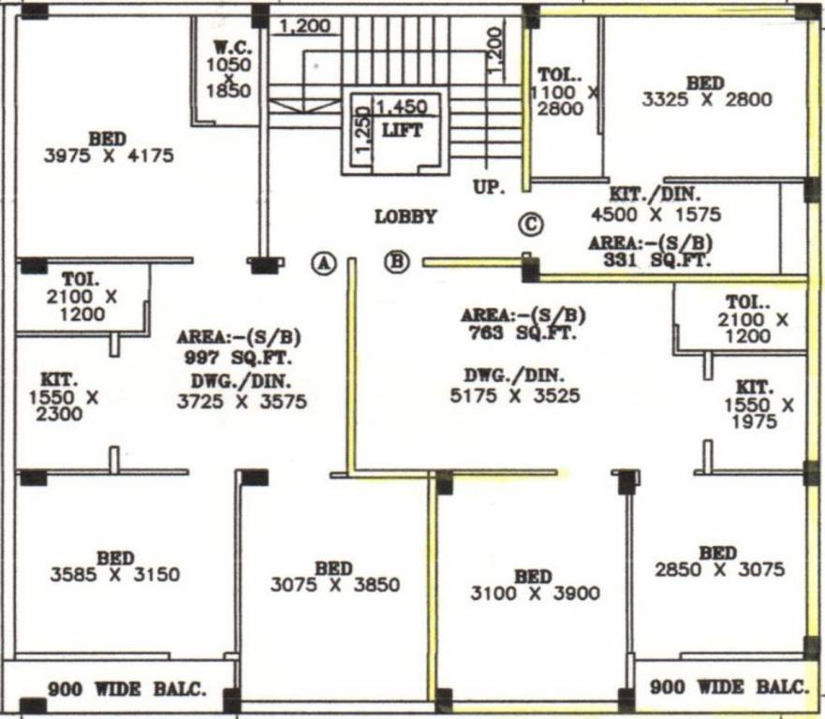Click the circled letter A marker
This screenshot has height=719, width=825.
point(324,263)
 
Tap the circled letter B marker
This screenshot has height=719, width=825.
point(397,262)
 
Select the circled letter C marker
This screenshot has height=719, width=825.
point(531,225)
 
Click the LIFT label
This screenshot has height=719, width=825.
point(402,131)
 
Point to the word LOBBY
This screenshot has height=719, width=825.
point(405,217)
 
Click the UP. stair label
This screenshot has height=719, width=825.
point(489,187)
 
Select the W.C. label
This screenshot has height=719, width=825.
point(228,47)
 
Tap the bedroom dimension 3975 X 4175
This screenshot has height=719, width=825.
point(109,156)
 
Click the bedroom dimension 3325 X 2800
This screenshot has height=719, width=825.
point(706,99)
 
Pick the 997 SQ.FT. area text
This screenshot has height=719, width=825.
point(238,358)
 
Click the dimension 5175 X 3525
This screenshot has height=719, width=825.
point(514,396)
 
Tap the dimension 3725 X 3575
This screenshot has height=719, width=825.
point(242,402)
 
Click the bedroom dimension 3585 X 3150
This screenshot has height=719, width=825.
point(114,575)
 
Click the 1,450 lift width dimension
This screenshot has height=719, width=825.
point(401,108)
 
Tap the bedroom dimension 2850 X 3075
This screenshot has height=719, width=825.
point(719,569)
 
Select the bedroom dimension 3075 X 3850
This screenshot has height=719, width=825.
point(334,585)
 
